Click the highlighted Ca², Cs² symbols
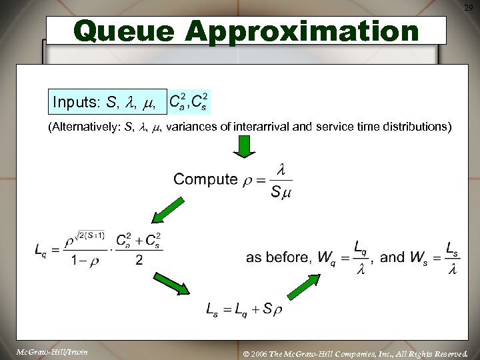click(189, 102)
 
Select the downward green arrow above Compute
click(245, 147)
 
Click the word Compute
click(205, 179)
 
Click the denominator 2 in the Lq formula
click(139, 260)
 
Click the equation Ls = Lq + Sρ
click(244, 309)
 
